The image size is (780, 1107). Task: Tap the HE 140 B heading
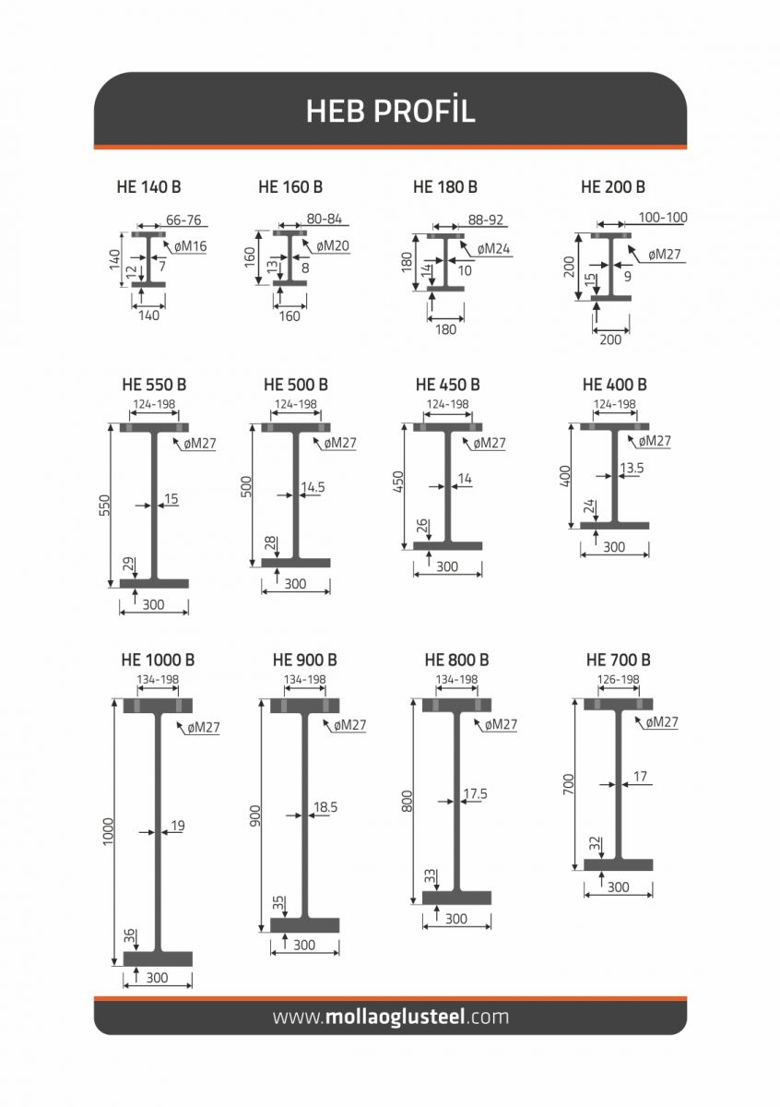click(x=148, y=186)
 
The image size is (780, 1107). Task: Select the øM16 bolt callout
click(x=190, y=246)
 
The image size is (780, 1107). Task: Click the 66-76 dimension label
click(x=183, y=220)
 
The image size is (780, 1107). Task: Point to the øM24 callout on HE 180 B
click(x=493, y=249)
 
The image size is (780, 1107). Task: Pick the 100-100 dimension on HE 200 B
click(x=663, y=218)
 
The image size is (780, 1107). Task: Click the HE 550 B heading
click(x=154, y=385)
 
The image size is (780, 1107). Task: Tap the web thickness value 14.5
click(x=313, y=487)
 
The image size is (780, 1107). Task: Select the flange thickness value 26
click(x=422, y=526)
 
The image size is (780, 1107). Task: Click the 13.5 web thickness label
click(x=632, y=468)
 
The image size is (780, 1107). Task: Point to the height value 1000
click(x=108, y=832)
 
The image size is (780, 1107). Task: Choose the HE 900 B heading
click(x=305, y=660)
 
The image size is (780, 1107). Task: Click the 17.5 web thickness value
click(x=475, y=793)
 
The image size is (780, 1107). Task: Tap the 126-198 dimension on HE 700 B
click(x=618, y=680)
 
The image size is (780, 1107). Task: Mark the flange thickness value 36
click(x=129, y=935)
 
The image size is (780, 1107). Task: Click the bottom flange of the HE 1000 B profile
click(x=158, y=958)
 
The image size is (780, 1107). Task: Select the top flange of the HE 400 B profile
click(x=615, y=426)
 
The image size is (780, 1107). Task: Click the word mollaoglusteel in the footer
click(x=395, y=1027)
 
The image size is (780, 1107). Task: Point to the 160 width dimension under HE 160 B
click(x=290, y=315)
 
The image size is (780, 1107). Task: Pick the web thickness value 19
click(x=178, y=826)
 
